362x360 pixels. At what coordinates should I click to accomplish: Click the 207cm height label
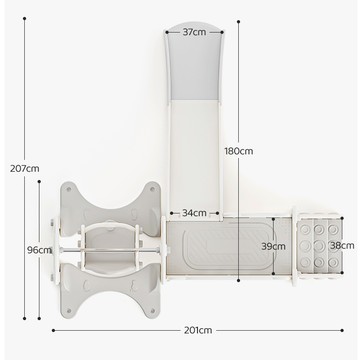[25, 169]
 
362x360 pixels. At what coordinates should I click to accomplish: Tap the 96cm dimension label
[39, 250]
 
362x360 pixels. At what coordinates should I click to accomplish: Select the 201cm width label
[198, 331]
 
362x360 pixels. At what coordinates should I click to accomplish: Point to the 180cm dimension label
[239, 151]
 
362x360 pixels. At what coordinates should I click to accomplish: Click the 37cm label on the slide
[194, 32]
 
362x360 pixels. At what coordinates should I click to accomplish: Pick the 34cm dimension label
[194, 213]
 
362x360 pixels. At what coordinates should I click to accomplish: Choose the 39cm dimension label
[274, 246]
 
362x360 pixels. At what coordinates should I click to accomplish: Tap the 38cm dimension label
[342, 245]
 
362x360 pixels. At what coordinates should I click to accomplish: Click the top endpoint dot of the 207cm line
[24, 18]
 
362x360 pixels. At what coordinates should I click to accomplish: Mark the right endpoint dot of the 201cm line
[342, 331]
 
